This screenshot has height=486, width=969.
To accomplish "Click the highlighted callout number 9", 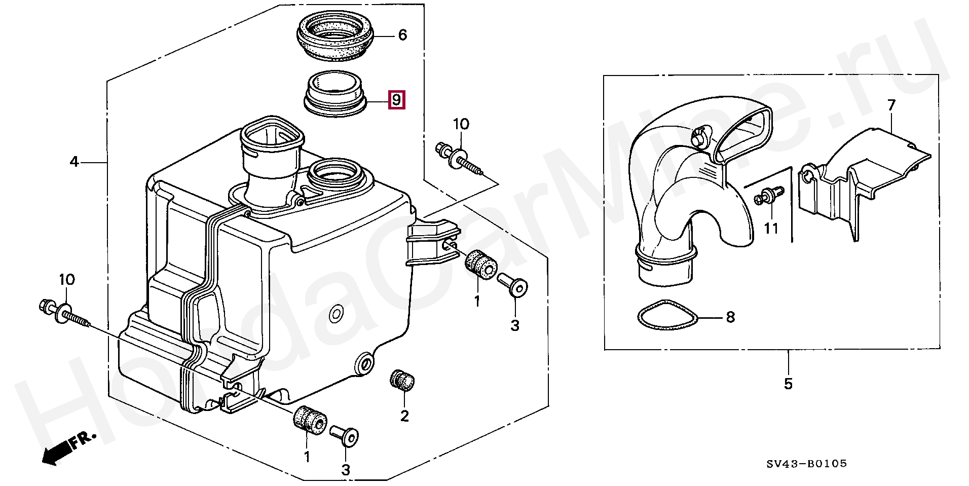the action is coord(396,99).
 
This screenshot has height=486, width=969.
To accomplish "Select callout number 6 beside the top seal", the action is coord(402,35).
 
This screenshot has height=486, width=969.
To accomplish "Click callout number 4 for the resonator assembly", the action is coord(74,162).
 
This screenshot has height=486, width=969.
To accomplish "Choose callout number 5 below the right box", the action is coord(788,384).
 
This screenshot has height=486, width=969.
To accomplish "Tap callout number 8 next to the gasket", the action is coord(730,317).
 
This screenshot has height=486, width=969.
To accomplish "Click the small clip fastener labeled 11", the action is coord(768,196).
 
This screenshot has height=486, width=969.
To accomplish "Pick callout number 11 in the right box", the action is coord(771,229).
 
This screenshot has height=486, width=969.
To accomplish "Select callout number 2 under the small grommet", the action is coord(404,416).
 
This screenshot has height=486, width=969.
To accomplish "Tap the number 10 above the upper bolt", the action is coord(461,124).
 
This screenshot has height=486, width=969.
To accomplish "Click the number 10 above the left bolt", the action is coord(66,279).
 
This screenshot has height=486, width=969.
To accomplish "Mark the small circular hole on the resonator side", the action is coord(335,314).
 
